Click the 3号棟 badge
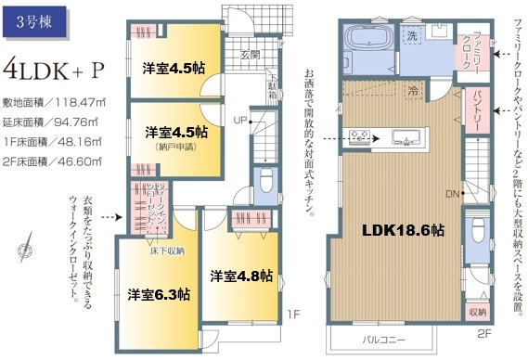tap(32, 20)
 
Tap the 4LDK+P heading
tap(52, 69)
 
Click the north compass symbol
tap(24, 251)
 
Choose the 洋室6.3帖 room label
tap(159, 294)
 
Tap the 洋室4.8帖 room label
tap(240, 276)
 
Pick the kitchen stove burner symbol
tap(360, 139)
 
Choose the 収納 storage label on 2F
tap(476, 312)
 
